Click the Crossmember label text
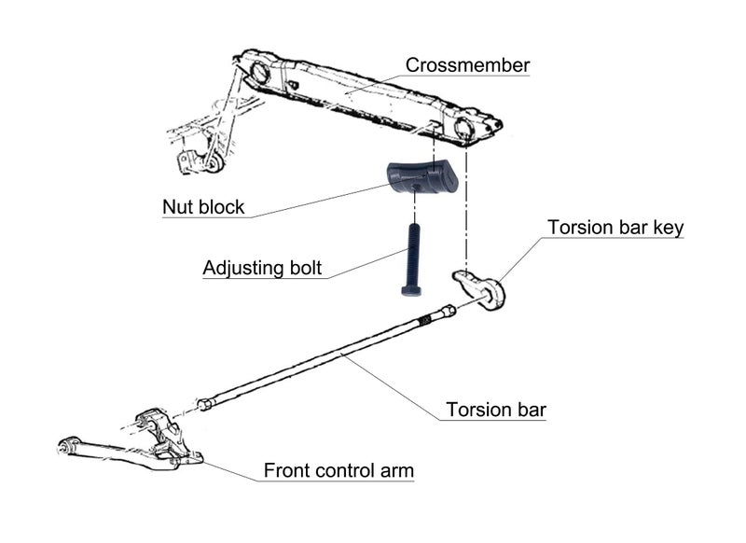click(467, 65)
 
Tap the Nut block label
click(203, 206)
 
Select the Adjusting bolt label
click(262, 269)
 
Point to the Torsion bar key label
click(615, 228)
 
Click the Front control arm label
click(338, 470)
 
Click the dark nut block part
click(420, 177)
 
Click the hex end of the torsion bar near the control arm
click(204, 404)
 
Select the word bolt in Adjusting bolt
click(303, 269)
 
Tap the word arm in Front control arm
click(395, 470)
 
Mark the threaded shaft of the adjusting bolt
click(411, 252)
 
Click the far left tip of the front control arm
click(62, 445)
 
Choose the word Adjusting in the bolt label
click(242, 269)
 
